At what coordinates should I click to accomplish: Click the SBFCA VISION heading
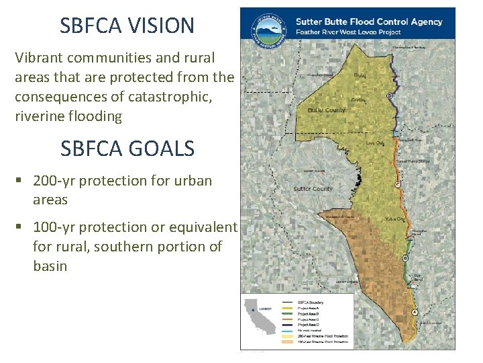click(127, 26)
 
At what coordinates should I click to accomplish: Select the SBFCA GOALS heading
click(127, 148)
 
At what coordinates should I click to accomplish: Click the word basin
click(50, 266)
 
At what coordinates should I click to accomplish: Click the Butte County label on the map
click(326, 110)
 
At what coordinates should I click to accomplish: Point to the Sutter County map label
click(313, 189)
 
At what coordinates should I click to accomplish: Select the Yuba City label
click(394, 218)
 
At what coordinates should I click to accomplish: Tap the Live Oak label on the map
click(376, 143)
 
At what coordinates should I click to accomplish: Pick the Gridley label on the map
click(358, 100)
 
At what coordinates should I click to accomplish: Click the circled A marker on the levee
click(414, 313)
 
